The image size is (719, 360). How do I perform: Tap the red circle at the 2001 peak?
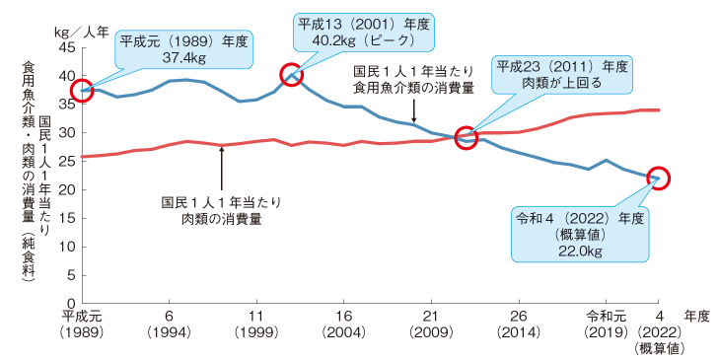pos(290,74)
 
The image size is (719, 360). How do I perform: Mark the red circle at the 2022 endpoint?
pos(659,179)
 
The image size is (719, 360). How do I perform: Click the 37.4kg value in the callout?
pos(185,59)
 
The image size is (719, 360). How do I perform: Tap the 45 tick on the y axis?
pos(67,47)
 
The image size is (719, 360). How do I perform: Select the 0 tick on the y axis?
pos(71,303)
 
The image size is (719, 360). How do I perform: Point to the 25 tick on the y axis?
pos(67,161)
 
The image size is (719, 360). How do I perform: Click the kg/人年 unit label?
pos(90,31)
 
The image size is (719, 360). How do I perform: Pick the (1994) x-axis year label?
pos(170,332)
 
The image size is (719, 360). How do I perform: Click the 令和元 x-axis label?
pos(605,317)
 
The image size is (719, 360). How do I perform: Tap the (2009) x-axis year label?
pos(431,332)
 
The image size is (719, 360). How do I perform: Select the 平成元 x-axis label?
pos(83,317)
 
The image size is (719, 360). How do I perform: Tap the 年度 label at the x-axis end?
pos(696,317)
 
